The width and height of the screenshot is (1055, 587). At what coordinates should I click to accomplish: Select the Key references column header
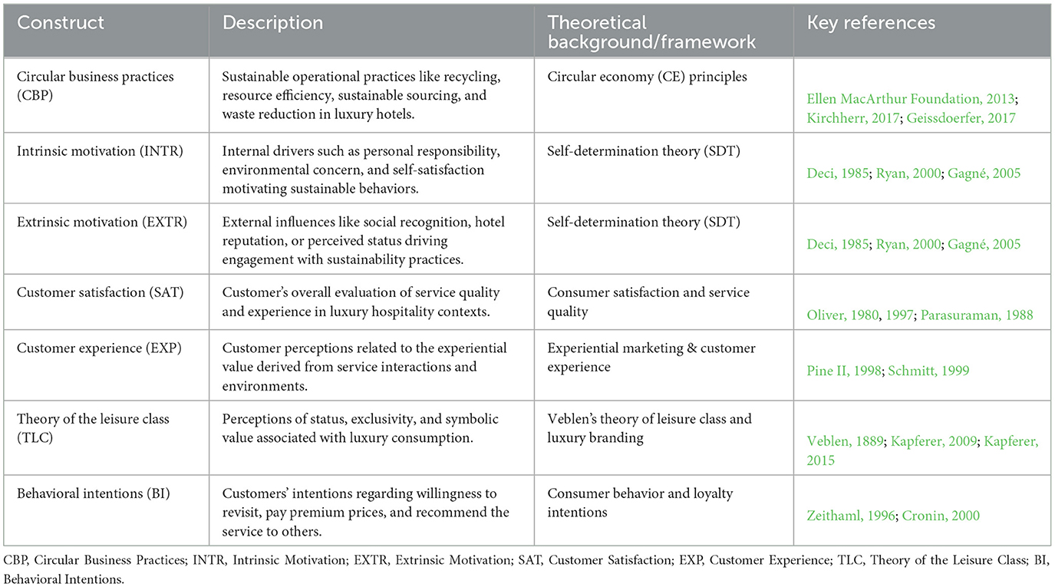click(871, 23)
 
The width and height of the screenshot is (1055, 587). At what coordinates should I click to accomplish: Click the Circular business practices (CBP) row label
click(95, 85)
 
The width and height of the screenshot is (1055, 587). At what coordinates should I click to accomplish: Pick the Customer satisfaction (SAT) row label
click(93, 292)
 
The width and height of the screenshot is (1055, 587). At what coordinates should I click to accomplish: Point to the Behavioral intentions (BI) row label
click(87, 493)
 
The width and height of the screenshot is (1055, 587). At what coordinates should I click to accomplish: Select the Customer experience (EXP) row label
click(91, 348)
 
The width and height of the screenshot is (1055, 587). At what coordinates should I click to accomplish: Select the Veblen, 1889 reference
click(844, 442)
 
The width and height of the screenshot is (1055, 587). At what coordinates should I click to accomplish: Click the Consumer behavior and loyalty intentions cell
click(640, 503)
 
